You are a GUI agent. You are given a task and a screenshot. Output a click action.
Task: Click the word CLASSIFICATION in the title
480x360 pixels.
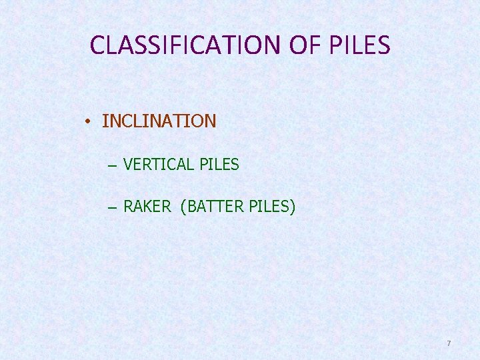coord(186,45)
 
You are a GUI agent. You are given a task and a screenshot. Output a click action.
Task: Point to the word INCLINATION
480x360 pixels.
coord(159,121)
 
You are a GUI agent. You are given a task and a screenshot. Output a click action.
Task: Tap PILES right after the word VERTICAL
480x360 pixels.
coord(219,164)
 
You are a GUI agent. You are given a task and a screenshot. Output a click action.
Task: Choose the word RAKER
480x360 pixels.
coord(147,207)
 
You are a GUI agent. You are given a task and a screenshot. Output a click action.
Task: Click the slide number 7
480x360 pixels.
coord(449,343)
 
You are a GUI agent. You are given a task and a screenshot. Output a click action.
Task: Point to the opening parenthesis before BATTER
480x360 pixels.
coord(183,207)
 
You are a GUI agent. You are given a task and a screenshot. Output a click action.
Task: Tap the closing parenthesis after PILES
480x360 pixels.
coord(292,207)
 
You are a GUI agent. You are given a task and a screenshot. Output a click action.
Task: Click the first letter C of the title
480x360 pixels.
coord(97,45)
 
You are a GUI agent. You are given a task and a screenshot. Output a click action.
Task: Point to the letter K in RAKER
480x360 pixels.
coord(147,207)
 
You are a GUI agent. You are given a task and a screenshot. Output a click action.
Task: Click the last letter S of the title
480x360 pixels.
coord(384,45)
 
